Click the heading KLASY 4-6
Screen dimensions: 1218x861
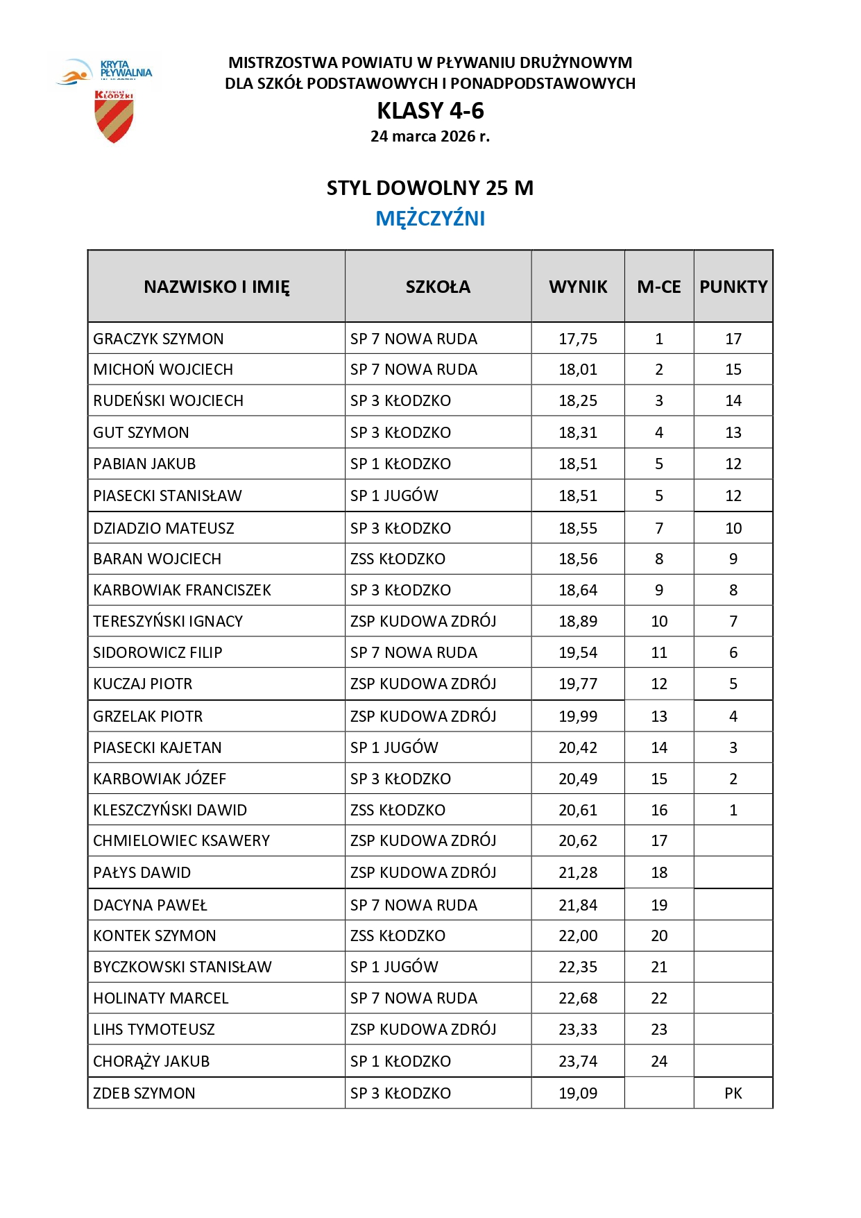[x=430, y=111]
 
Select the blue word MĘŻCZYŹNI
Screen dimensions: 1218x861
[x=430, y=219]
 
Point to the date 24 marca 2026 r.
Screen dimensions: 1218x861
[x=430, y=137]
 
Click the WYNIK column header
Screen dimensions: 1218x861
[x=578, y=287]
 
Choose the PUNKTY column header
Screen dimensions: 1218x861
[x=733, y=287]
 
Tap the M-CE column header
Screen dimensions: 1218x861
[x=659, y=287]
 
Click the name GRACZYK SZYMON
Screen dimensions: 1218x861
[x=159, y=339]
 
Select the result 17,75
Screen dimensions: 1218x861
[x=578, y=339]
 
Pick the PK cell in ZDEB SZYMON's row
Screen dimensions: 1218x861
[x=733, y=1094]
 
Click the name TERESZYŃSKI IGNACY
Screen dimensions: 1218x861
[x=169, y=622]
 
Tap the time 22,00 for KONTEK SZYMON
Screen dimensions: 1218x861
[x=578, y=936]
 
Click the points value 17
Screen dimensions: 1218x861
[x=733, y=339]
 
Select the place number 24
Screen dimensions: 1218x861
[x=659, y=1062]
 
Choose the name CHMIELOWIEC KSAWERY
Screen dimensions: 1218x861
[x=182, y=841]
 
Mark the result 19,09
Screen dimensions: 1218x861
[x=578, y=1094]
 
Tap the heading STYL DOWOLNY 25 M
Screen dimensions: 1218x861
[x=430, y=189]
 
